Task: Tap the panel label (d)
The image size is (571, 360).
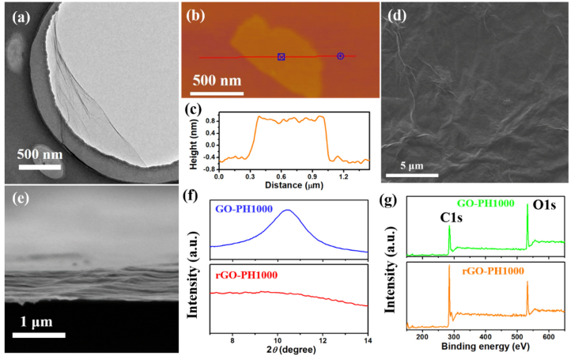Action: (396, 14)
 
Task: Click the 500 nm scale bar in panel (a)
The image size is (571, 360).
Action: (40, 166)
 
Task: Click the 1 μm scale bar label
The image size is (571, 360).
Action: (39, 324)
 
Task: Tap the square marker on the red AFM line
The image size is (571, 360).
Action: (281, 57)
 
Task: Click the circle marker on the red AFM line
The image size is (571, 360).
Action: (340, 55)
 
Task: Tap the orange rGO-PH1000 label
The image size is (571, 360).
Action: (492, 271)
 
